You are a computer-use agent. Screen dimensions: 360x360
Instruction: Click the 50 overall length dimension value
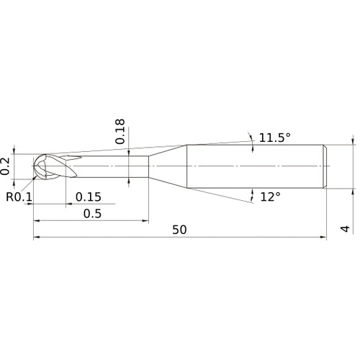[x=179, y=230]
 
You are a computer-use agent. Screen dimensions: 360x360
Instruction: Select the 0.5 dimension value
[x=92, y=213]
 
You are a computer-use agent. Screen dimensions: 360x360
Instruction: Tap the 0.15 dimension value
[x=89, y=197]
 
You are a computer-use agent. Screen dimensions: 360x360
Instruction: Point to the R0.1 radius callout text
[x=19, y=197]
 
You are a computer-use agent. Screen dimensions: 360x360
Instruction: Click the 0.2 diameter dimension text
[x=5, y=166]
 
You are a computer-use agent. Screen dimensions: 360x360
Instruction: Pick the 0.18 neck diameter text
[x=120, y=131]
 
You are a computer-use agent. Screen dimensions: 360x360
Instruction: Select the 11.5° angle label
[x=275, y=138]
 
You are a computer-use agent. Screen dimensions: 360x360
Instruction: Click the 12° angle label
[x=270, y=197]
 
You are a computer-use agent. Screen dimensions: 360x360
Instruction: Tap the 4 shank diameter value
[x=346, y=229]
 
